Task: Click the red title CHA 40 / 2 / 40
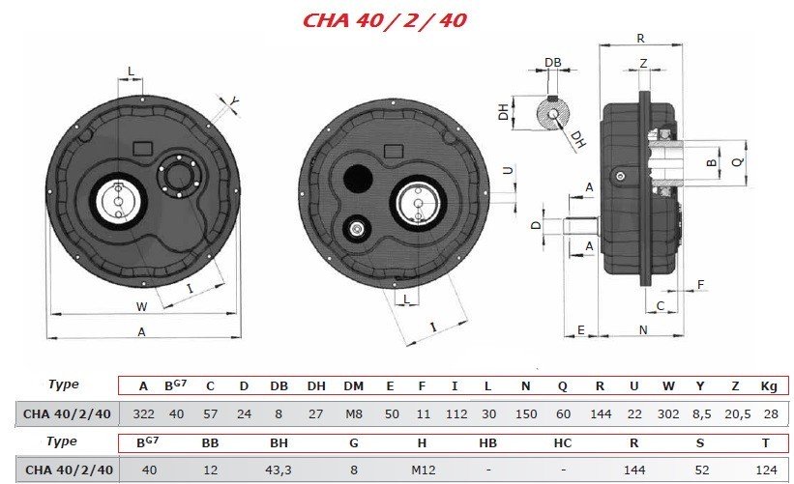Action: point(384,20)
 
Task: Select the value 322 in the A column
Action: point(143,414)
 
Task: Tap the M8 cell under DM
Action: point(353,414)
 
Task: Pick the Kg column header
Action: point(769,386)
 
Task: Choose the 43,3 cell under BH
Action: point(279,470)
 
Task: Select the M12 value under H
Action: point(424,470)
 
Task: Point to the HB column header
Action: point(487,443)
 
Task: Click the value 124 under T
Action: point(766,470)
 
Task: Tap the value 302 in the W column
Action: point(668,414)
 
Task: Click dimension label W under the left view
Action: point(142,306)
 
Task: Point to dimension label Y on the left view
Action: point(233,102)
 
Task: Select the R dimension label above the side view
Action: point(640,39)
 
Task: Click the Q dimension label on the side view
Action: point(738,161)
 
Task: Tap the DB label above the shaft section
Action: point(553,62)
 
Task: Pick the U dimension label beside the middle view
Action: point(508,170)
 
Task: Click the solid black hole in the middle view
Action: point(358,178)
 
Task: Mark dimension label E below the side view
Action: point(581,330)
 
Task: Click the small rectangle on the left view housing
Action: point(142,148)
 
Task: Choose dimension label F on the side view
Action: point(701,285)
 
